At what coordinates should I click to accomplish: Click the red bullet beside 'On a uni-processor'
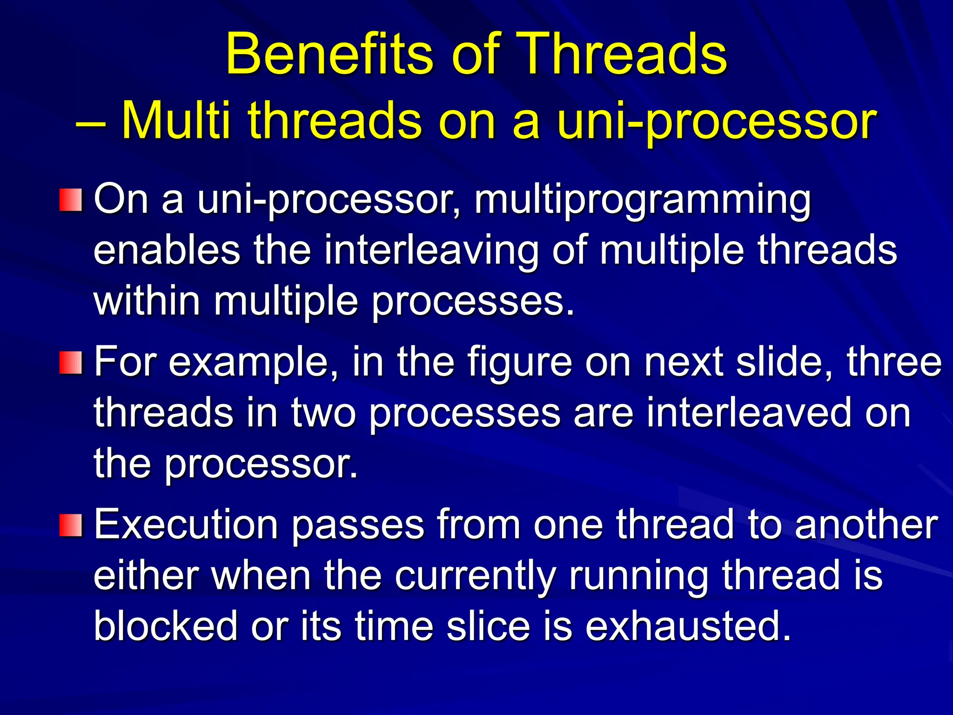tap(71, 200)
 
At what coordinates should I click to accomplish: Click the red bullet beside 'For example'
tap(71, 363)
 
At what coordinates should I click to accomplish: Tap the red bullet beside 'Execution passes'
tap(71, 525)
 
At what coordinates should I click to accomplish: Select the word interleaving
tap(431, 251)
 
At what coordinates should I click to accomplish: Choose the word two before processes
tap(323, 413)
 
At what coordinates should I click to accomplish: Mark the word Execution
tap(186, 525)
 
